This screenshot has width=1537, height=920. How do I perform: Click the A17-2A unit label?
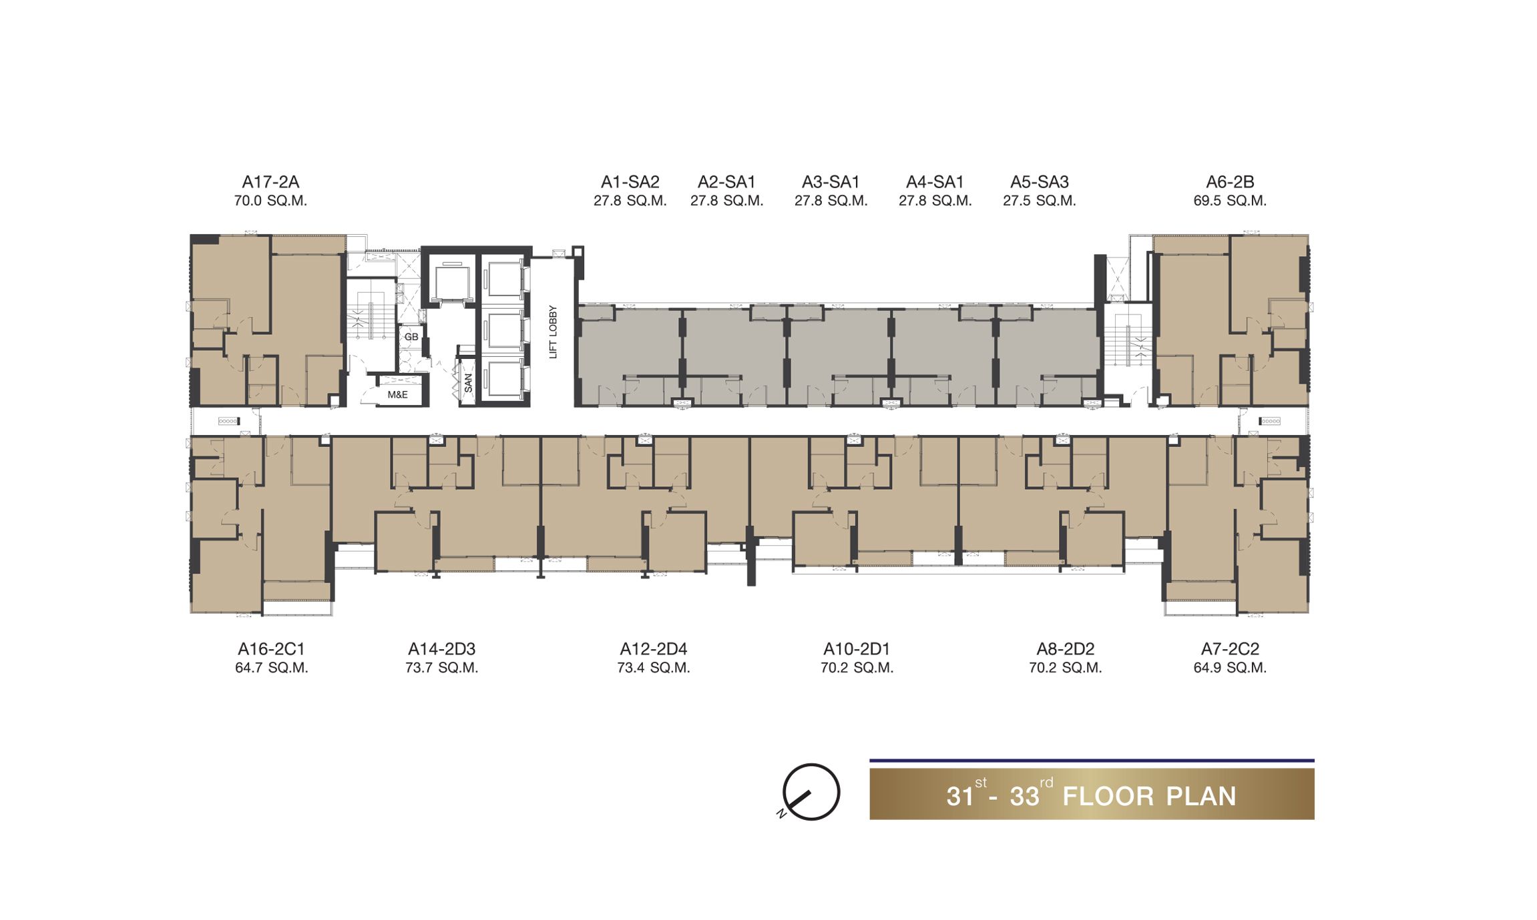pos(270,182)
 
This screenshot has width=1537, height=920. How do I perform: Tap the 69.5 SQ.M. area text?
pos(1230,201)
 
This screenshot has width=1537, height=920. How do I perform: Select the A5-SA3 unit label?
pos(1039,182)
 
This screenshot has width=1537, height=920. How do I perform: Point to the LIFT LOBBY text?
pos(553,332)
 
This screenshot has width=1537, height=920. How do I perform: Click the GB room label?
pos(411,337)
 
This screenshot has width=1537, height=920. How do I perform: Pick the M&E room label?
pos(397,395)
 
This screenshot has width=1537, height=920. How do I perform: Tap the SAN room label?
pos(468,383)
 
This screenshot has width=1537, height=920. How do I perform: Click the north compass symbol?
pos(810,793)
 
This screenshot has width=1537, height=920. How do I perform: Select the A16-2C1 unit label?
pos(271,649)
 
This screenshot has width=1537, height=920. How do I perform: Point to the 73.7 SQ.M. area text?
pos(441,668)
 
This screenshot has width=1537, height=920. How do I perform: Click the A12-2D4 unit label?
pos(653,649)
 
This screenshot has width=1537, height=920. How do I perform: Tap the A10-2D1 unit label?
pos(857,649)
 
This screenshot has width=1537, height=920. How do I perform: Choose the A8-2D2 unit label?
pos(1065,649)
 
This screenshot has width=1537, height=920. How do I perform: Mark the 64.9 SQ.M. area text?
pos(1230,668)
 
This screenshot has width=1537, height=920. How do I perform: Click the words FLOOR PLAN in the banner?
pos(1149,797)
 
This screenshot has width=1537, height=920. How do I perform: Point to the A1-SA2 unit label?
pos(630,182)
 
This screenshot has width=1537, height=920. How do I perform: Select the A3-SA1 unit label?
pos(831,182)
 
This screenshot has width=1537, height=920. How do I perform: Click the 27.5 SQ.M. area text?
pos(1039,201)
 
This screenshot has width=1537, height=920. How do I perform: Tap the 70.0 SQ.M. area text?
pos(270,201)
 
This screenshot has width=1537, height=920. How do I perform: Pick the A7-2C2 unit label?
pos(1230,649)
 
